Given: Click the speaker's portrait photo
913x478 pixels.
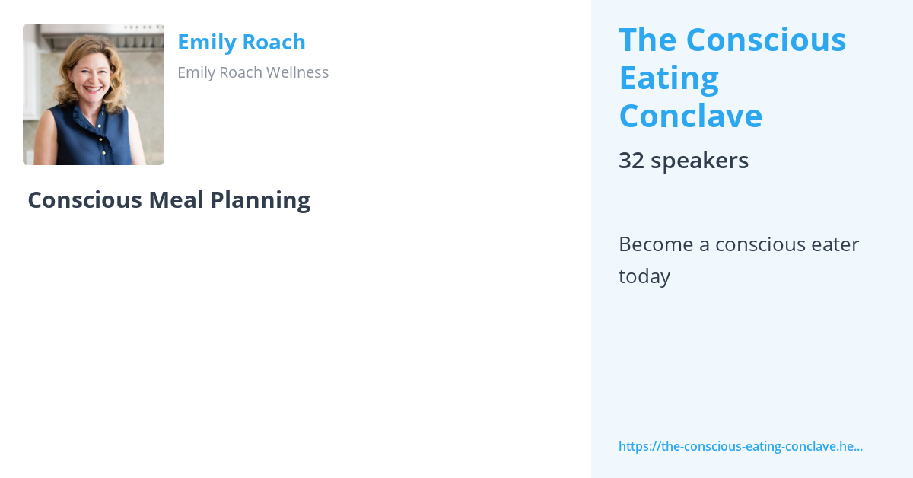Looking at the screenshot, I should tap(94, 94).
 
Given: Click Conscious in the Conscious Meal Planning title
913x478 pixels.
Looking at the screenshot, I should tap(84, 199).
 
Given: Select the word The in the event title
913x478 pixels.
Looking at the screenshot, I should tap(647, 40).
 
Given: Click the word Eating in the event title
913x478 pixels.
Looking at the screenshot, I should tap(669, 78).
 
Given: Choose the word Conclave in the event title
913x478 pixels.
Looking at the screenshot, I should tap(691, 116).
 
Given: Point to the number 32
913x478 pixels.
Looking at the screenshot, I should tap(631, 161).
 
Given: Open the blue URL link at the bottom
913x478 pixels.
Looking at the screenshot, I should tap(740, 446).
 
